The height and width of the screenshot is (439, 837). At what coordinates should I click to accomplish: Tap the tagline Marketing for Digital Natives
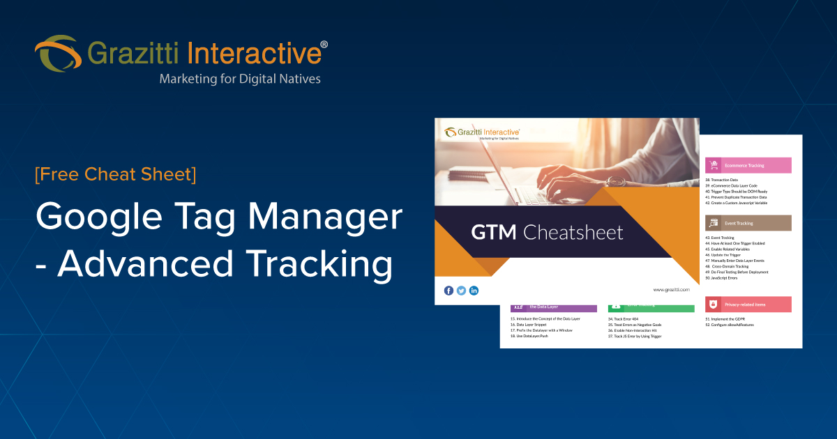tap(240, 79)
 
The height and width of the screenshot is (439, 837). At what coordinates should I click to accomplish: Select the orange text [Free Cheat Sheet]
tap(115, 174)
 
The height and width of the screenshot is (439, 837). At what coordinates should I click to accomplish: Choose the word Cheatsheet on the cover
tap(573, 232)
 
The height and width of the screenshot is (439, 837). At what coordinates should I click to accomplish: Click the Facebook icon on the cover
tap(448, 290)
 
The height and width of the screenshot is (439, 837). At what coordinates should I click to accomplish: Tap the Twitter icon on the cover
tap(461, 290)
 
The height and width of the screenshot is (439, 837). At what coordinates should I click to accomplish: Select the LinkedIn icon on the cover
tap(474, 290)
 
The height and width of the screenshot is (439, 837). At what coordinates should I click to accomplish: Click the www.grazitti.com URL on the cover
tap(671, 289)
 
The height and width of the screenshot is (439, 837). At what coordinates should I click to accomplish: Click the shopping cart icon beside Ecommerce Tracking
tap(714, 165)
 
